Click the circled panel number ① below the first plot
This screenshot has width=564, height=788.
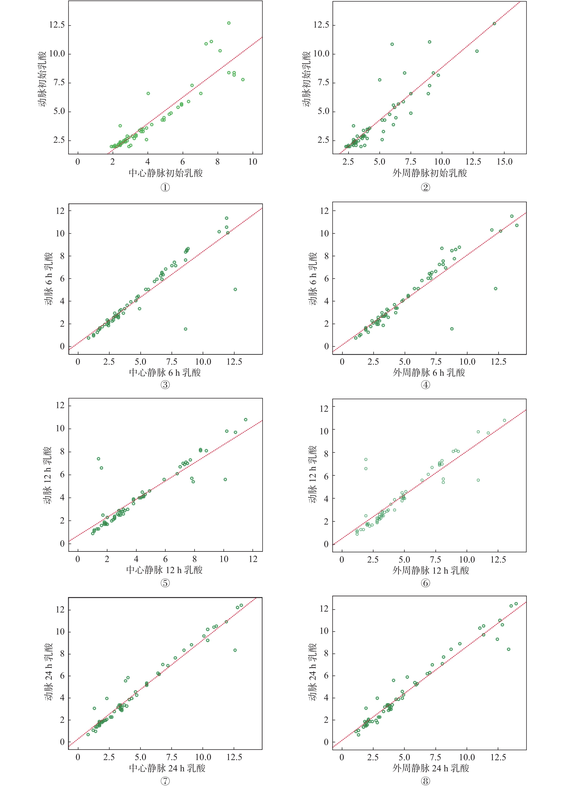(x=165, y=188)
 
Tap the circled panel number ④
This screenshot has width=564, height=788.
(x=425, y=385)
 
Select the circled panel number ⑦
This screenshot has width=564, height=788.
(x=165, y=781)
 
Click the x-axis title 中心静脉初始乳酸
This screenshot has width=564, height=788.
(x=166, y=173)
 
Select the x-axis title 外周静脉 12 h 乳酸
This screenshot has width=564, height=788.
(x=431, y=570)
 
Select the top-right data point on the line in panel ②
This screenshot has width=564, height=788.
(x=494, y=24)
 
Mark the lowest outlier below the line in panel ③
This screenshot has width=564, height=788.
(x=185, y=329)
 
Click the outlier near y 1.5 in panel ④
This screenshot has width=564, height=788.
(x=452, y=328)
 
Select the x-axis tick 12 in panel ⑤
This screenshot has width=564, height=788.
(x=253, y=559)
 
